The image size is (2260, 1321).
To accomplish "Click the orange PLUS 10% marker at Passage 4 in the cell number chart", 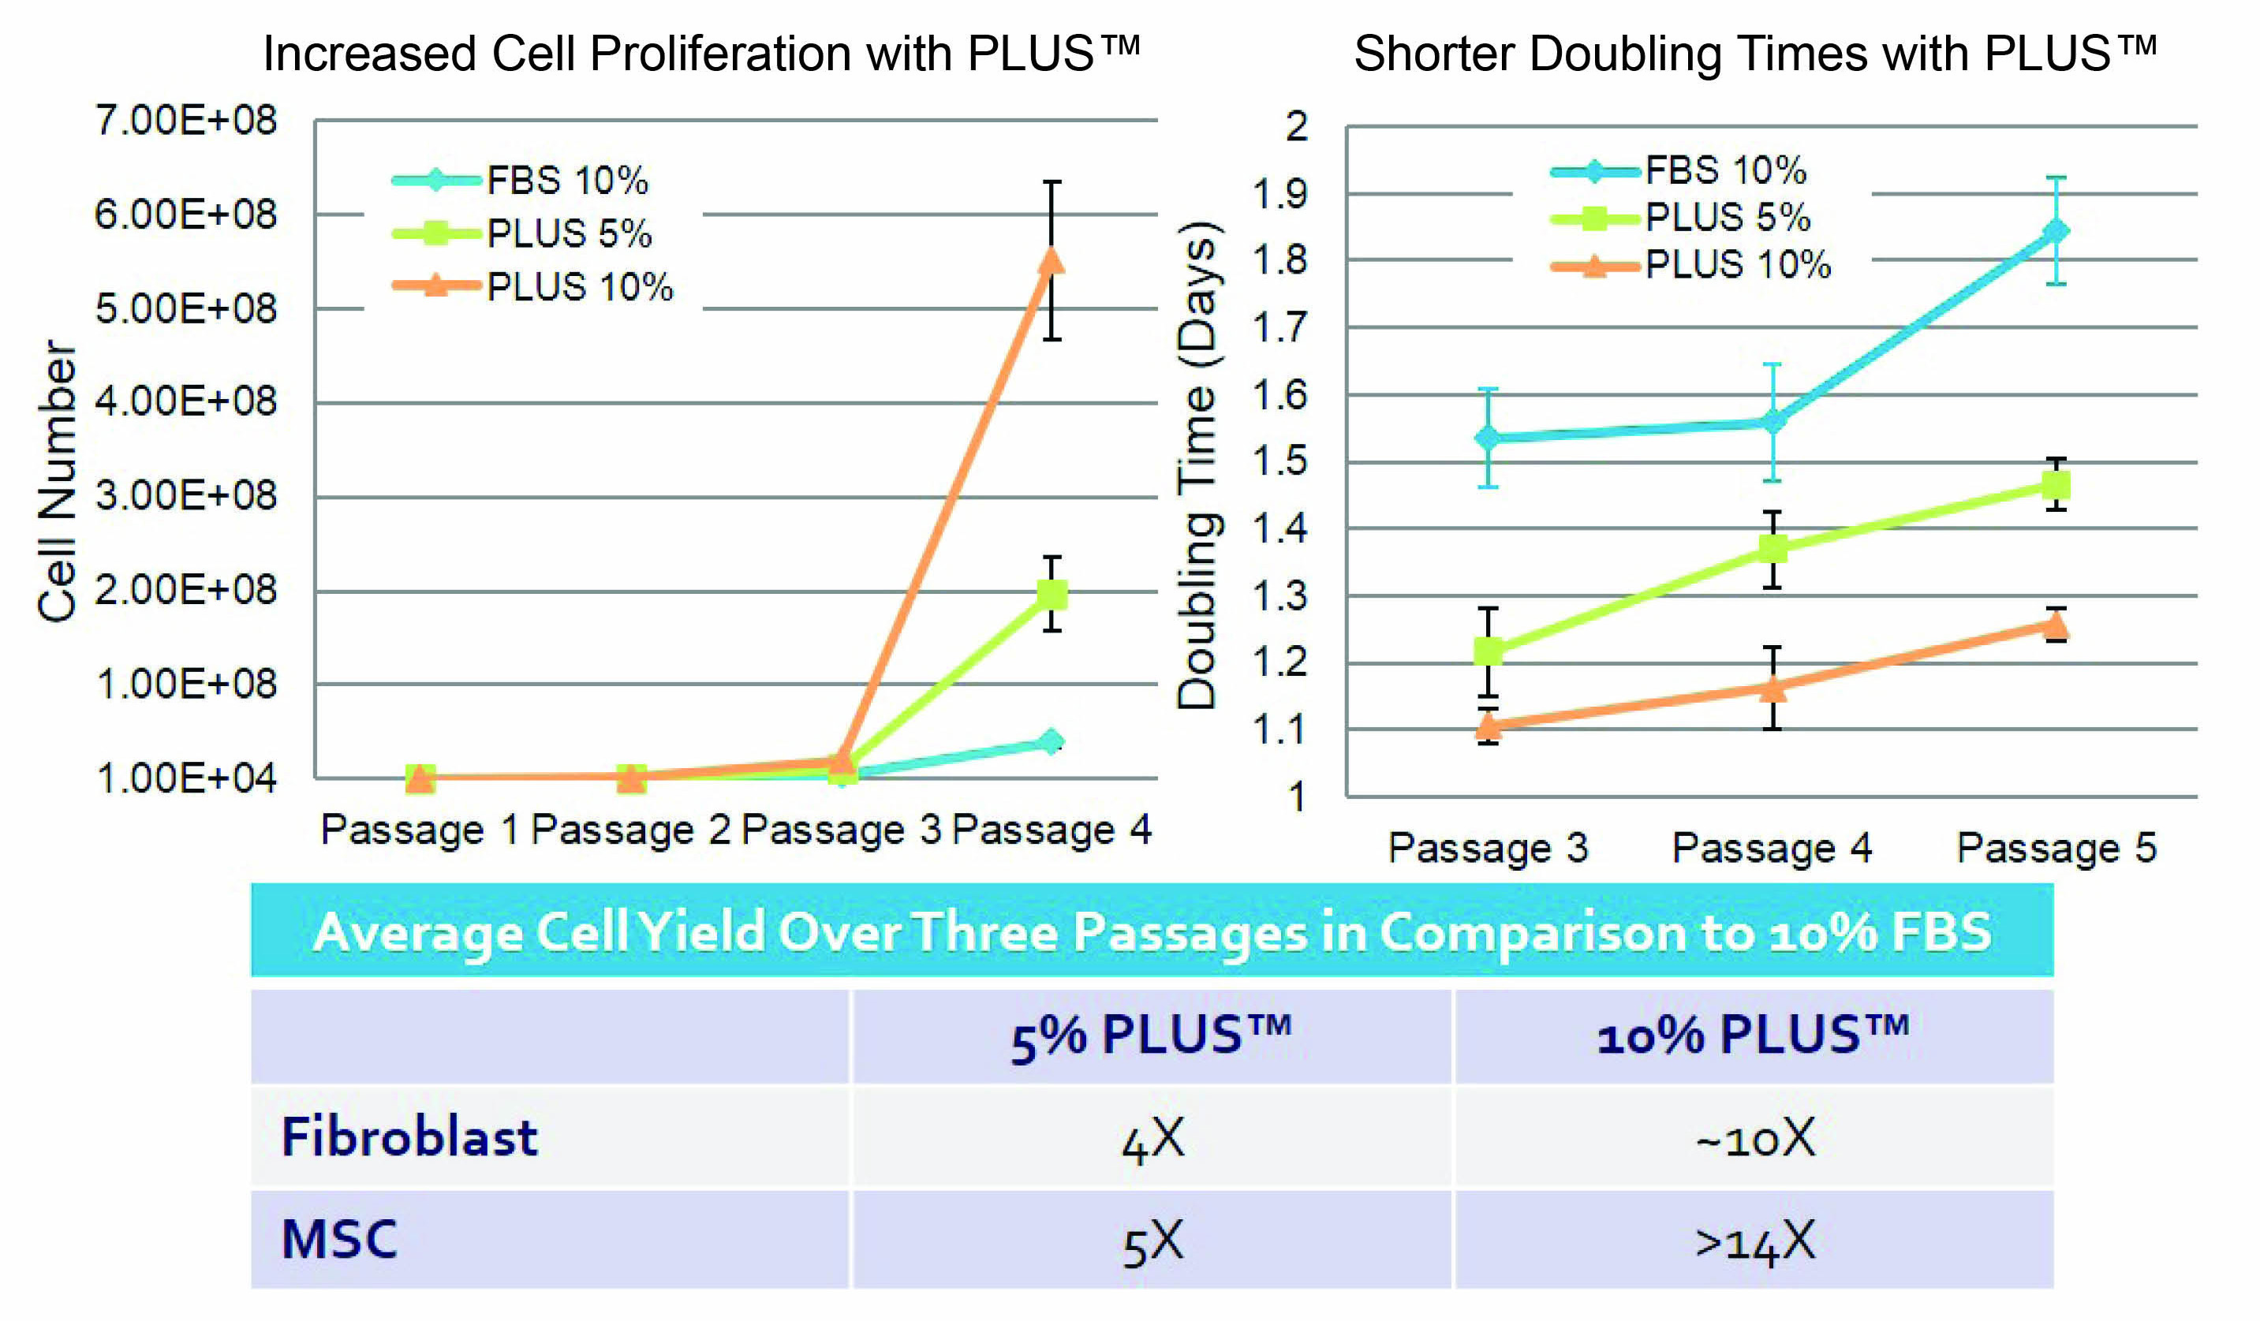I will tap(1051, 261).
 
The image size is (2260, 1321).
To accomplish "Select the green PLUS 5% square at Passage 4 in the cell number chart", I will tap(1051, 594).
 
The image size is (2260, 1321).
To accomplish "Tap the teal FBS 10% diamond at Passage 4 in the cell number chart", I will tap(1051, 741).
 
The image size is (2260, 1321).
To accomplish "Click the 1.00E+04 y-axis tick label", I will tap(186, 778).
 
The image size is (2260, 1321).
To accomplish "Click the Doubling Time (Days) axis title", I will tap(1197, 465).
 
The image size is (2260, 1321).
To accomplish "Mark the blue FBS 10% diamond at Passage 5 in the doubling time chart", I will tap(2056, 231).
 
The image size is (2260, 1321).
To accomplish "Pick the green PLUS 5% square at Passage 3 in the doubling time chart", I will tap(1489, 650).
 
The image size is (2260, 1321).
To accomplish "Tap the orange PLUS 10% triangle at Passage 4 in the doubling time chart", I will tap(1773, 688).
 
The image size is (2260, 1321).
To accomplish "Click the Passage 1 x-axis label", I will tap(420, 830).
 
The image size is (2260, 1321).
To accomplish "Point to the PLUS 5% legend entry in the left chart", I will tap(569, 234).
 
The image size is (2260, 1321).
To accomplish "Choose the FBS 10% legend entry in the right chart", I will tap(1724, 170).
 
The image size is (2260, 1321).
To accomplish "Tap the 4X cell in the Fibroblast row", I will tap(1152, 1139).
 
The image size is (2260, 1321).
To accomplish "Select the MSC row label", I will tap(339, 1241).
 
